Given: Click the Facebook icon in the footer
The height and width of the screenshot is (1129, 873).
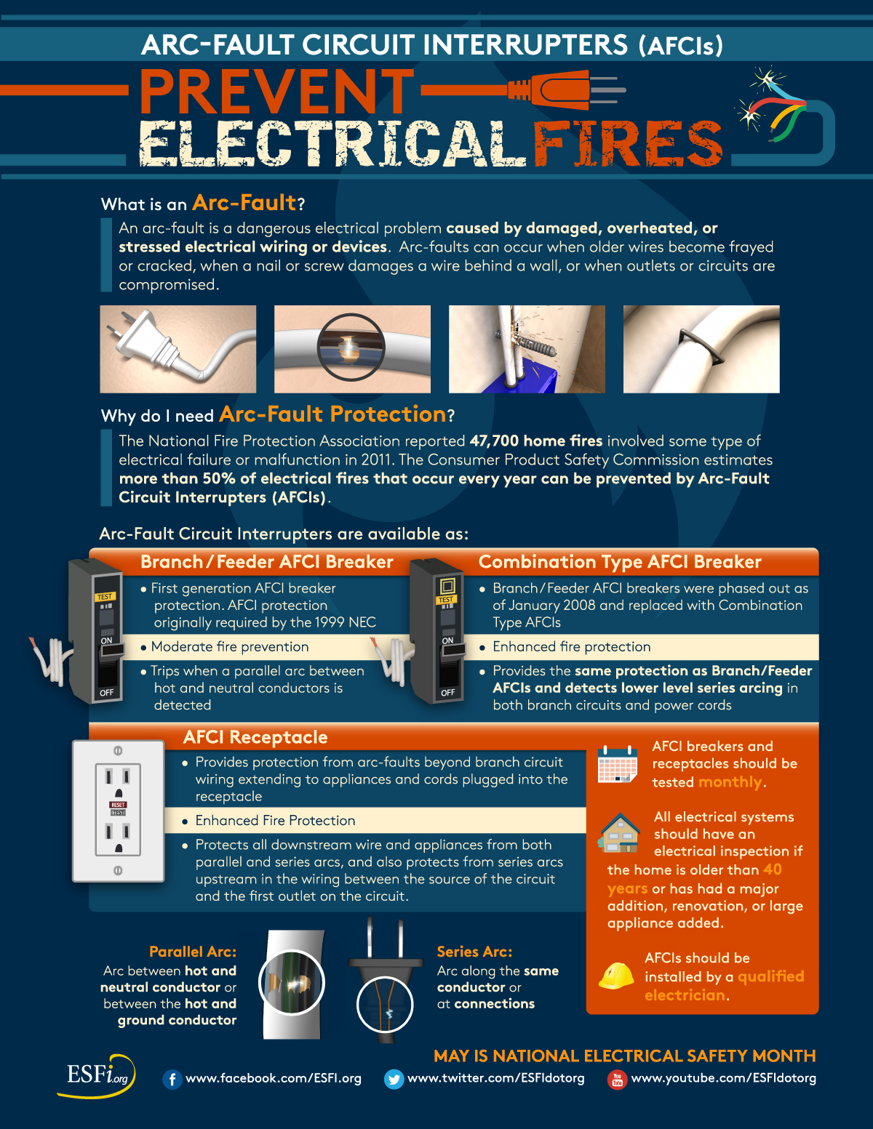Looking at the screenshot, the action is (x=172, y=1080).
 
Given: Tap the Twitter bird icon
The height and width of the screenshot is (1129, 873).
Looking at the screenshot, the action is (x=394, y=1080).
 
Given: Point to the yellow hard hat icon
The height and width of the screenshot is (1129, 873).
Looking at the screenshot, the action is (x=616, y=976).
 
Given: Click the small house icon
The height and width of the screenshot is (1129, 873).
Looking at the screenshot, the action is (x=619, y=832).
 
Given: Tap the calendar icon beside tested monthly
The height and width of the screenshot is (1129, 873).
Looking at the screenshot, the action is (x=618, y=764).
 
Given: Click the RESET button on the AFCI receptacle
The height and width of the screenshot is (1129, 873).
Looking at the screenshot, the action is (x=118, y=805).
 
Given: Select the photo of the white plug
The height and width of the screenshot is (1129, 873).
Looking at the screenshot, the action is (x=178, y=349).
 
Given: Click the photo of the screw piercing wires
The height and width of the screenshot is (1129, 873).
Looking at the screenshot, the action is (x=527, y=349).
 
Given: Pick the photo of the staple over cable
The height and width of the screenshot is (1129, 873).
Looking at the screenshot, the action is (x=701, y=349).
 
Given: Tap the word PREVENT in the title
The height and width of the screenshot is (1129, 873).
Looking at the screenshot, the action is (x=276, y=92).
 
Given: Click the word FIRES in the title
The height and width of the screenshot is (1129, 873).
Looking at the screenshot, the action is (x=628, y=143).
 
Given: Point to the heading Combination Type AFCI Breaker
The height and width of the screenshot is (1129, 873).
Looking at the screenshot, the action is (x=620, y=562).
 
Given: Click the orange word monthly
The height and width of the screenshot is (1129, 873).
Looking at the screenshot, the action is (x=730, y=782).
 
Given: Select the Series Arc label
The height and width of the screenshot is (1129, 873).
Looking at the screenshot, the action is (x=474, y=952).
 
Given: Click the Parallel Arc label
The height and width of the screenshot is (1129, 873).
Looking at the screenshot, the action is (x=193, y=952).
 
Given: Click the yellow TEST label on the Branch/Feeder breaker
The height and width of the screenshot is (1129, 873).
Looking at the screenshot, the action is (x=105, y=596).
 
